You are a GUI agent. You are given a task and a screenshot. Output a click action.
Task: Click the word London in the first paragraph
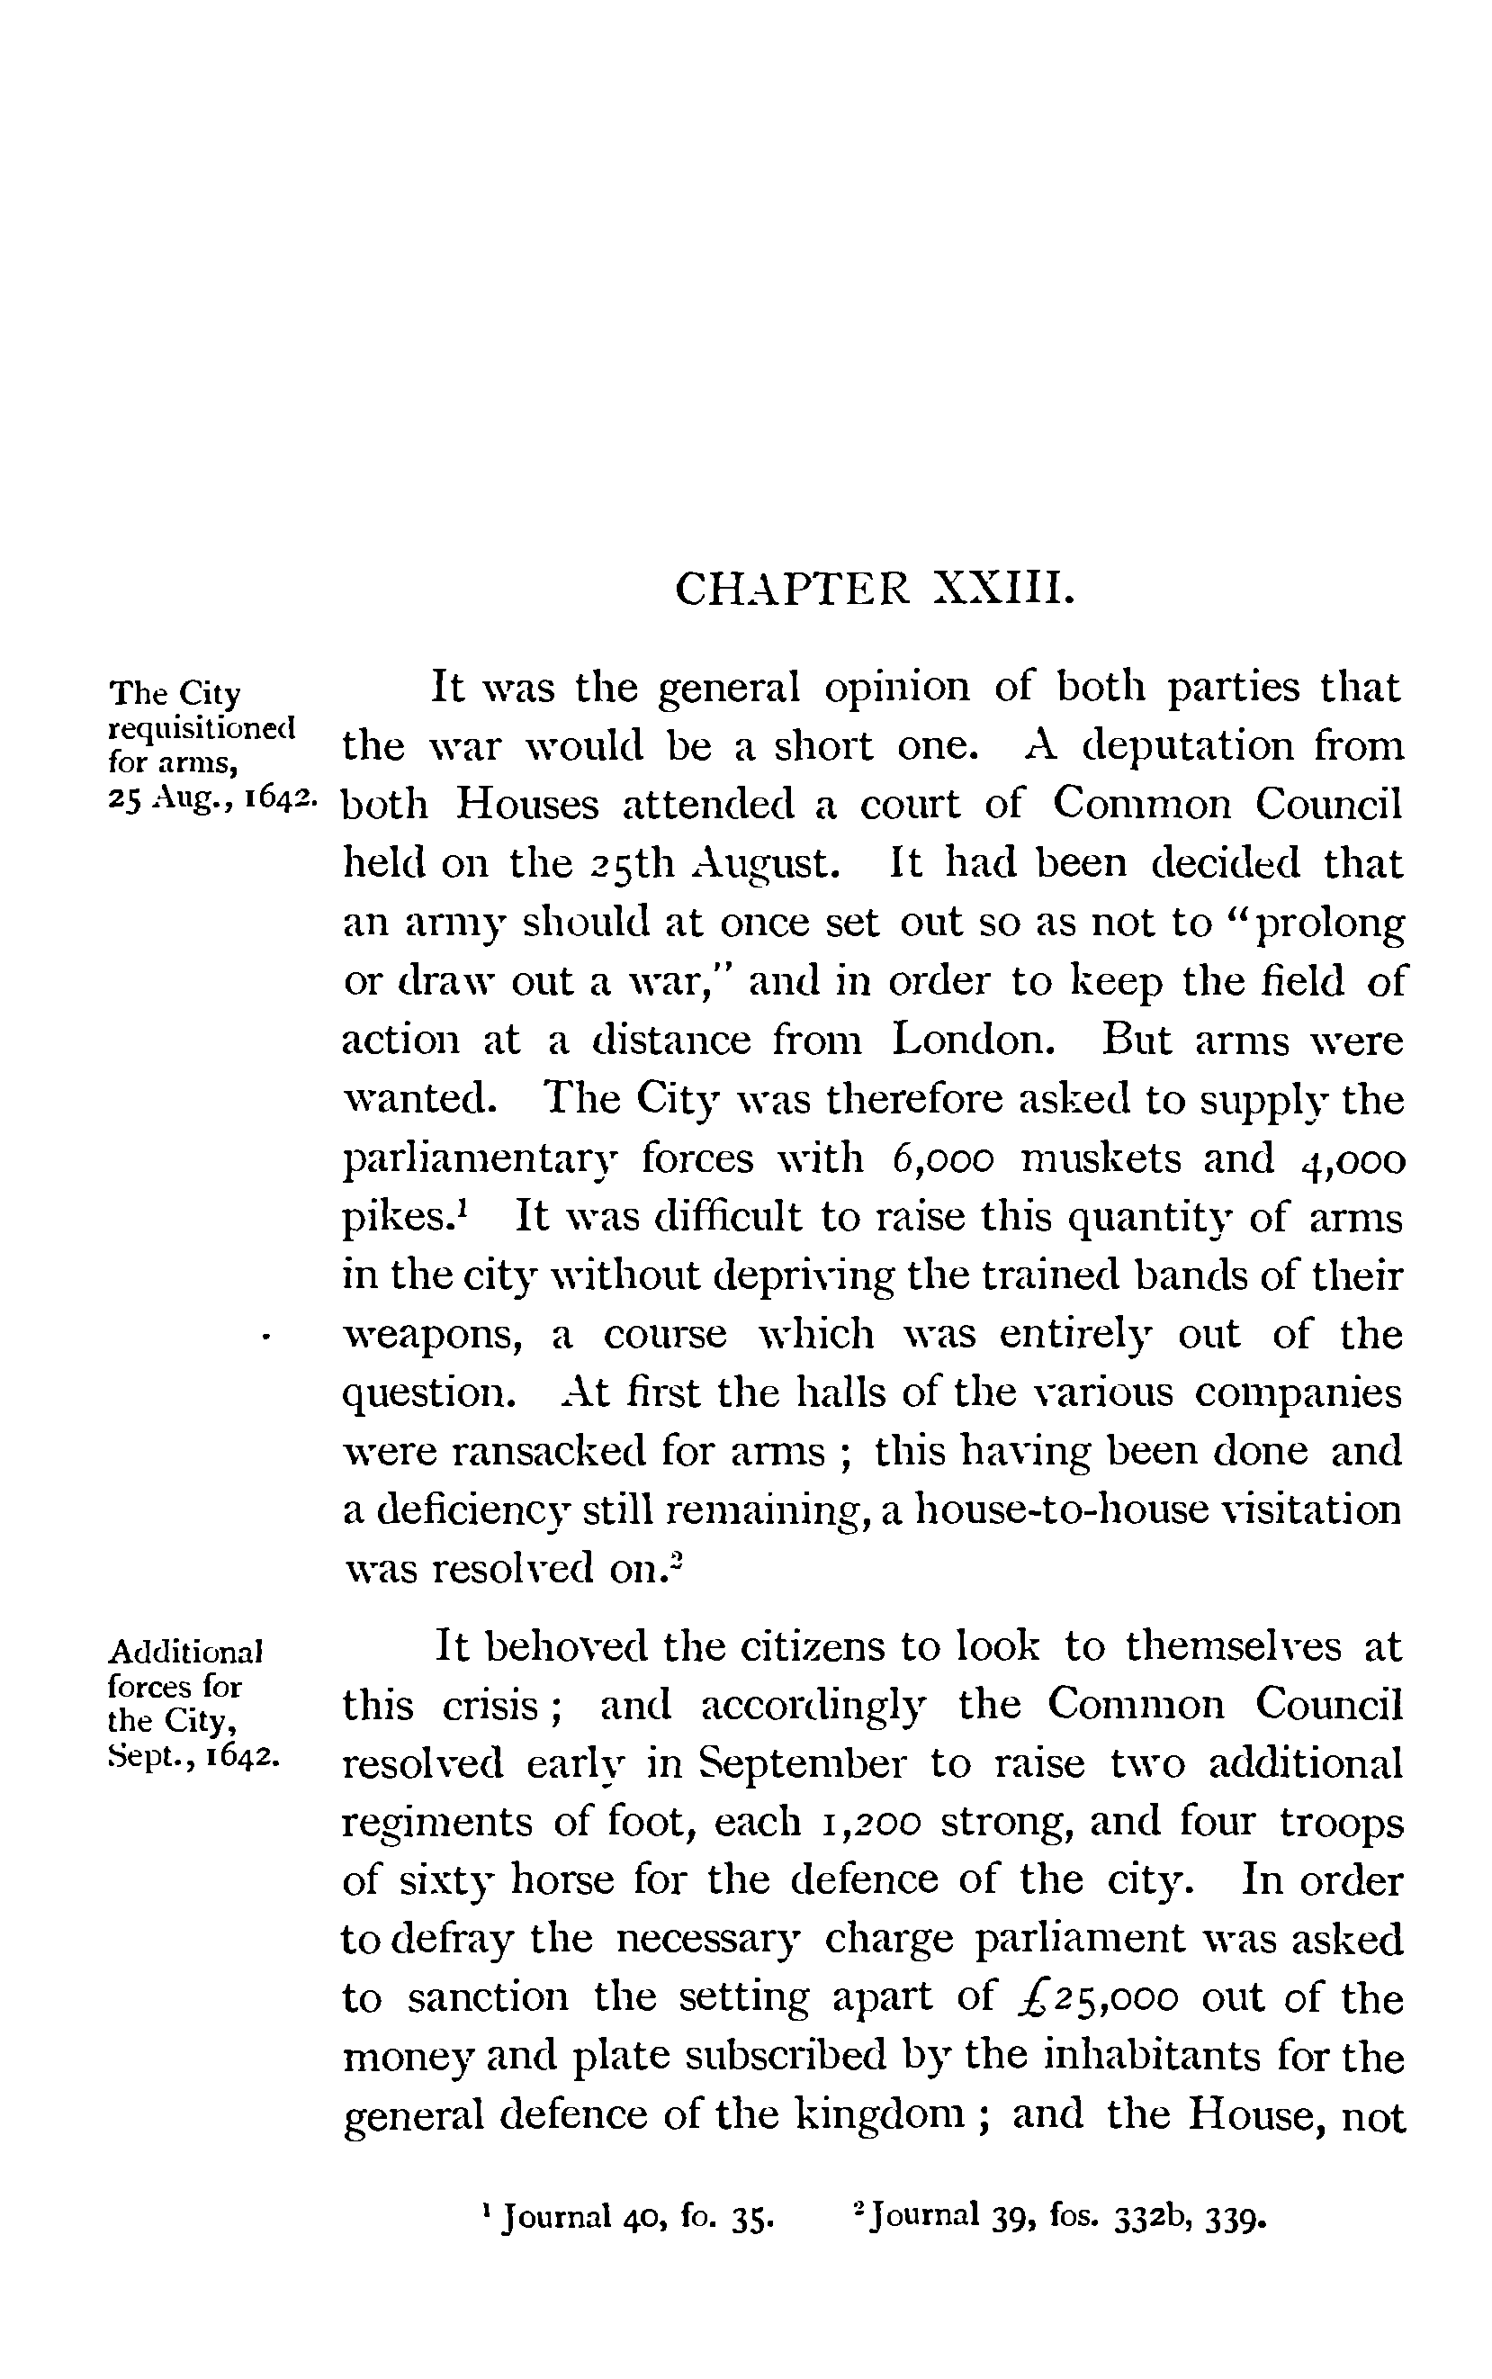point(970,1041)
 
